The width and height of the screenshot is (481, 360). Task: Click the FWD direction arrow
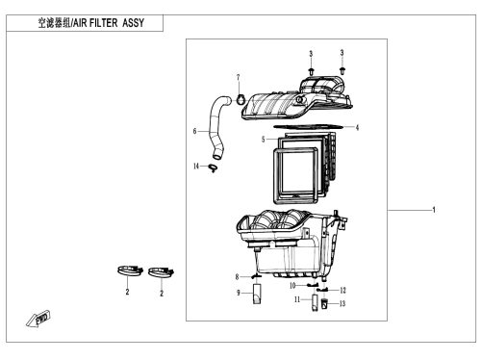pyautogui.click(x=38, y=319)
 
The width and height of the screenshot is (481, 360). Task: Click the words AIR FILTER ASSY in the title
pyautogui.click(x=109, y=23)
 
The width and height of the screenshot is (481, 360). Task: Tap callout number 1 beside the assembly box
pyautogui.click(x=434, y=210)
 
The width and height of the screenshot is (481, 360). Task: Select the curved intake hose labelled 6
pyautogui.click(x=218, y=128)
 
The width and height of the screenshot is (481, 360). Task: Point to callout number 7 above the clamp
pyautogui.click(x=239, y=78)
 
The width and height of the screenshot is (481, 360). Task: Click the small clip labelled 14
pyautogui.click(x=213, y=167)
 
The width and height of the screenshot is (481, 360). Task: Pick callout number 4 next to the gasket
pyautogui.click(x=357, y=128)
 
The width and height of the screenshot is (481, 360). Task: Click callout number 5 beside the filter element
pyautogui.click(x=264, y=140)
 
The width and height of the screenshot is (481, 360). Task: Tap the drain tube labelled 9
pyautogui.click(x=257, y=294)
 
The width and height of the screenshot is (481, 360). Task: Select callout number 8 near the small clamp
pyautogui.click(x=237, y=276)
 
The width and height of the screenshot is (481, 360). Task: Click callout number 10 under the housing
pyautogui.click(x=292, y=285)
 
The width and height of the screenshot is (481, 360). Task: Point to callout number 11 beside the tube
pyautogui.click(x=297, y=299)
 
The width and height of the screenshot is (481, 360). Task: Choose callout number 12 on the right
pyautogui.click(x=342, y=291)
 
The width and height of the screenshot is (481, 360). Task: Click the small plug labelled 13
pyautogui.click(x=324, y=303)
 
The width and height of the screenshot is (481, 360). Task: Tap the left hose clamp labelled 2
pyautogui.click(x=130, y=270)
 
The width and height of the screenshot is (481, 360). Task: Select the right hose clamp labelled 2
pyautogui.click(x=161, y=272)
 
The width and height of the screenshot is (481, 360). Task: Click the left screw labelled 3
pyautogui.click(x=311, y=71)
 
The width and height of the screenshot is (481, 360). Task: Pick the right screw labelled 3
pyautogui.click(x=342, y=70)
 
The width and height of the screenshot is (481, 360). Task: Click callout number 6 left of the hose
pyautogui.click(x=194, y=131)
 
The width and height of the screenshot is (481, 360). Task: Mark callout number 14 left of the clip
pyautogui.click(x=196, y=166)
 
